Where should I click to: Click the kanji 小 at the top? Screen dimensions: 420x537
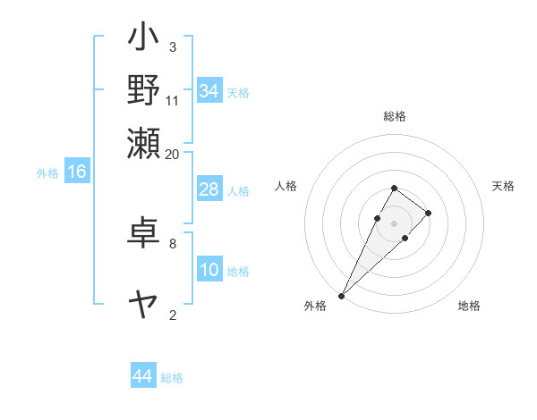(143, 41)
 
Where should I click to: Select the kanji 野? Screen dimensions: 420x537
(143, 90)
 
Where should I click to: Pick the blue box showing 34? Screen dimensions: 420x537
(209, 91)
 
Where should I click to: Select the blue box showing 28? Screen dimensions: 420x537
(209, 190)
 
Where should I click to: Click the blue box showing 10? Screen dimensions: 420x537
(209, 271)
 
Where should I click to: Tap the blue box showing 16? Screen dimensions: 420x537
(77, 172)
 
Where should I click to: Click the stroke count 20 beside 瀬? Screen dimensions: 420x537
(172, 154)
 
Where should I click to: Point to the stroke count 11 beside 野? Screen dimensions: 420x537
(173, 100)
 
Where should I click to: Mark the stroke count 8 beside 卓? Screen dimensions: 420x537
(173, 242)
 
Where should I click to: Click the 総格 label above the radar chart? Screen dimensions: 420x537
(395, 116)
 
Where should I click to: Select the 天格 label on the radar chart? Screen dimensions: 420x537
(504, 186)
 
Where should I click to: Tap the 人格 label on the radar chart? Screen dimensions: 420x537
(286, 186)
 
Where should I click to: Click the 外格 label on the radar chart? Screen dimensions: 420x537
(315, 306)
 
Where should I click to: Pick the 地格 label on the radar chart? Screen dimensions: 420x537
(469, 306)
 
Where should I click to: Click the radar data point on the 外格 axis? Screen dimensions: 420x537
(341, 295)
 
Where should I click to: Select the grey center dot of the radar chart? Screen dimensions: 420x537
(394, 223)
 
